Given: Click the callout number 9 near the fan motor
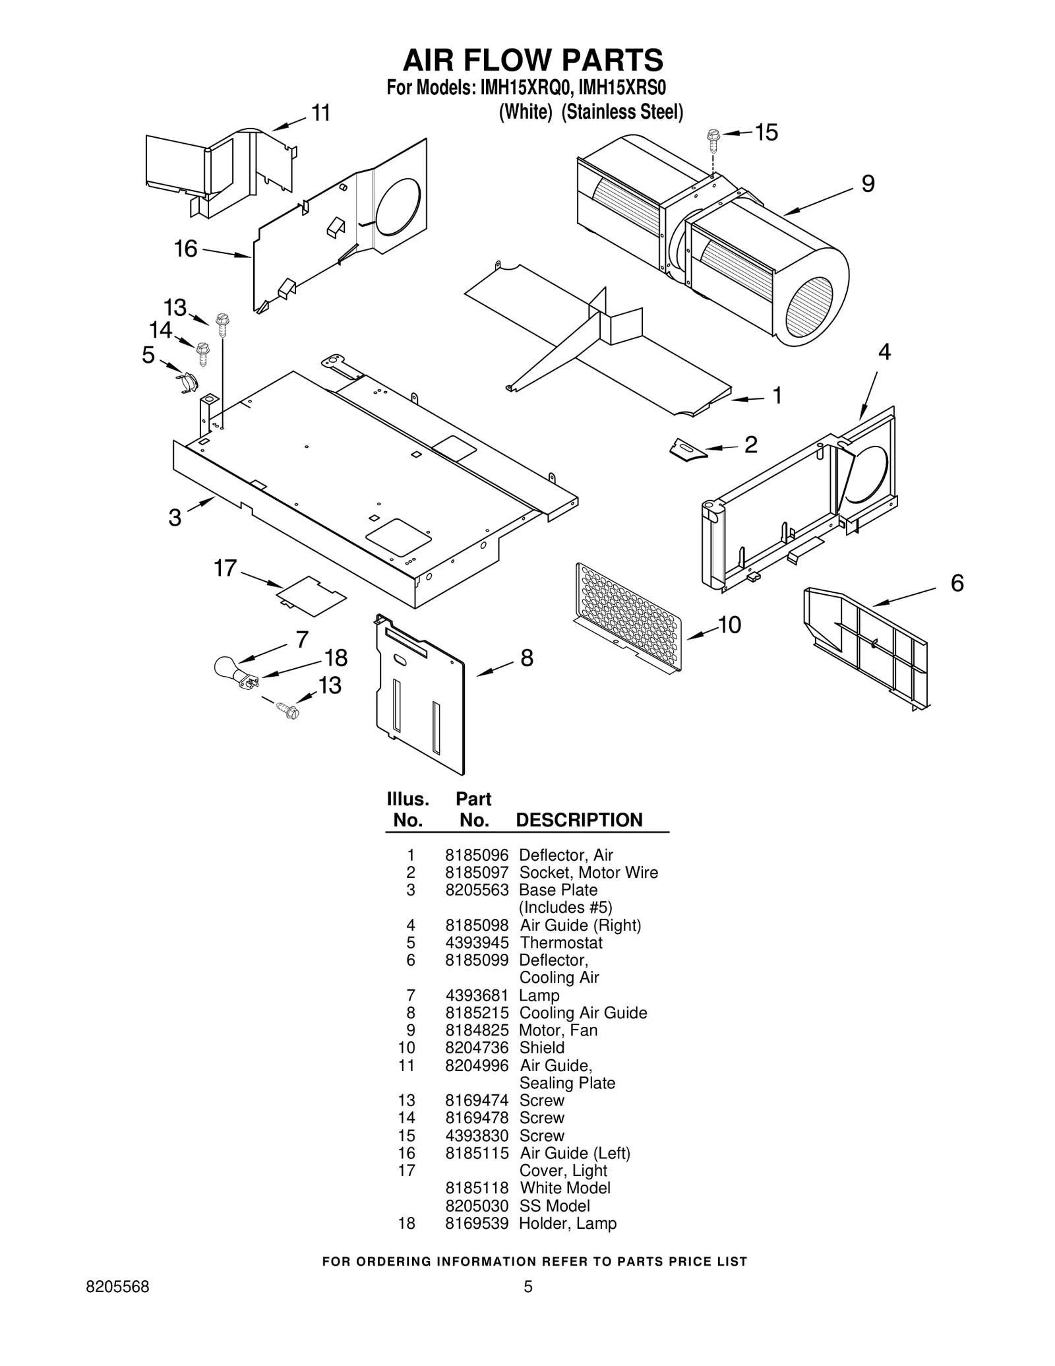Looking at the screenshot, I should (868, 184).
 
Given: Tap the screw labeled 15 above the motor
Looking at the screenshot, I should (712, 137).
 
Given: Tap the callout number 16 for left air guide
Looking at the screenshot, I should (185, 249).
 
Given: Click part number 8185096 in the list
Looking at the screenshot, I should (477, 855).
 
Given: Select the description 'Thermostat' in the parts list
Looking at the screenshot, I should (560, 943).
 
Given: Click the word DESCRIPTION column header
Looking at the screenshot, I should (578, 820).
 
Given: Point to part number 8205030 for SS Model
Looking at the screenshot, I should (477, 1206).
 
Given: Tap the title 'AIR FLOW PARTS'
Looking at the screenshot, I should (533, 60).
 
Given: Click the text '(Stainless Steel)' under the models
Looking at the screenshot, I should (622, 112).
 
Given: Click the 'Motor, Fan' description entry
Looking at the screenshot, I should (558, 1030).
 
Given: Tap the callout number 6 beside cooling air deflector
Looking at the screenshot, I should (957, 583).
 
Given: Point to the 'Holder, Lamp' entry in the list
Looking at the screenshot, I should (567, 1224).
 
